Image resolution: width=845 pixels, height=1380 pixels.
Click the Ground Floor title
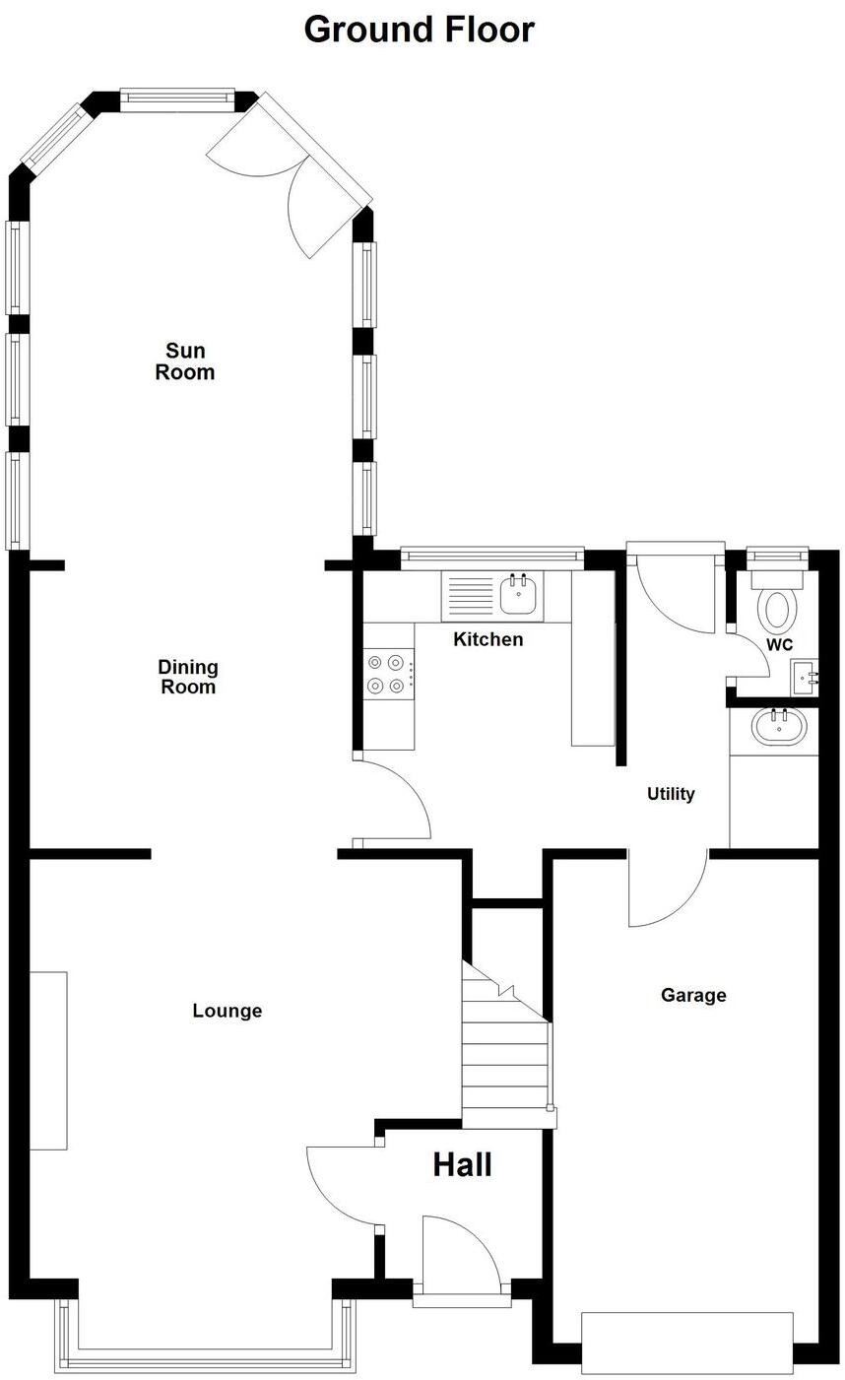click(419, 30)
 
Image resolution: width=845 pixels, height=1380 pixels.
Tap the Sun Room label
click(185, 361)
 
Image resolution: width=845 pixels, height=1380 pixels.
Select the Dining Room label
click(187, 677)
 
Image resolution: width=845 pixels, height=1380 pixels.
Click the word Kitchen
click(487, 640)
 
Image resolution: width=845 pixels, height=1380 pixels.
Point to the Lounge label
click(227, 1011)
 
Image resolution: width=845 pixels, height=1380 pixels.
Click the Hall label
click(462, 1165)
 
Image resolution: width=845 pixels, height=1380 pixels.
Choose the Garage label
click(693, 995)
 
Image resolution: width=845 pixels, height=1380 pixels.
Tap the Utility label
click(671, 794)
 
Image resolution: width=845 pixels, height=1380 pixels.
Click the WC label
click(780, 645)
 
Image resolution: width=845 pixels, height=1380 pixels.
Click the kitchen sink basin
click(518, 595)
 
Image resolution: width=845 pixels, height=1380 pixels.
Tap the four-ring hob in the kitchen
click(387, 674)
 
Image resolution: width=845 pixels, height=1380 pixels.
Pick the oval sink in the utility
click(778, 728)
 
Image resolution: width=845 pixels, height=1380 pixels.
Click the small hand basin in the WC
click(804, 677)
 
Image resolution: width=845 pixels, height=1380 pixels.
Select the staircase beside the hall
click(506, 1054)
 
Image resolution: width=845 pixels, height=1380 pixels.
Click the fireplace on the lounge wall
click(48, 1060)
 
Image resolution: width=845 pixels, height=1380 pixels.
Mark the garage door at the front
click(686, 1342)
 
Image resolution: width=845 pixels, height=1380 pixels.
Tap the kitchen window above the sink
click(491, 558)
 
